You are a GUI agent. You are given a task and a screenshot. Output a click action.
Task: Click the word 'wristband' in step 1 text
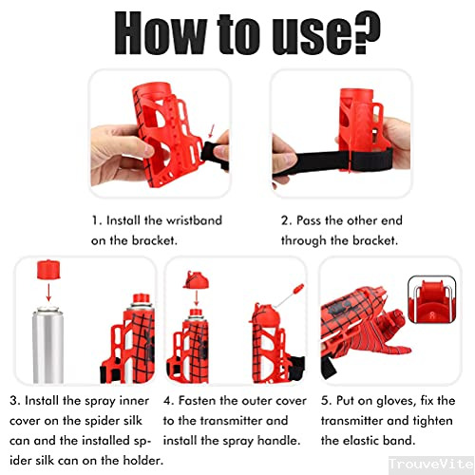[190, 220]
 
